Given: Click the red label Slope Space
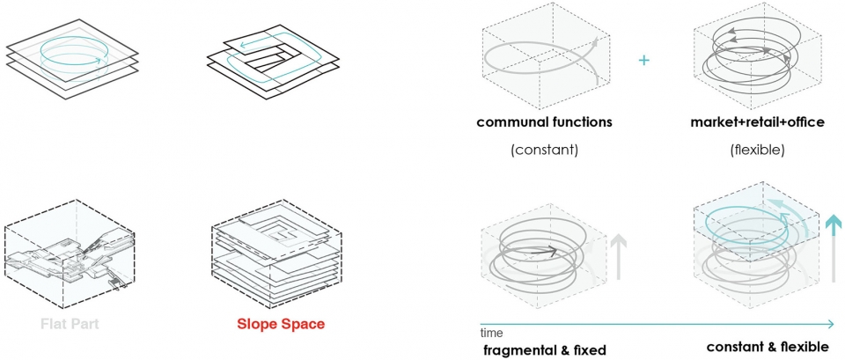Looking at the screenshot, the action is [280, 325].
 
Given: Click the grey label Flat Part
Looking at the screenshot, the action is [70, 325].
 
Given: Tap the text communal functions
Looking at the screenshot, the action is [544, 121].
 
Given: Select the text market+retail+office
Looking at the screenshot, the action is [757, 121].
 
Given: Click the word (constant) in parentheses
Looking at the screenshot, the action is [544, 151].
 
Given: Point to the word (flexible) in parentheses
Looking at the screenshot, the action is [757, 151].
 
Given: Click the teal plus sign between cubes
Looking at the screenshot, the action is [643, 60].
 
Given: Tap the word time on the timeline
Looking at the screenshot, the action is [492, 333].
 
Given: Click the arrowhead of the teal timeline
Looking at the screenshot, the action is [830, 324].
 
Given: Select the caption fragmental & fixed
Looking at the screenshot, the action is [545, 350].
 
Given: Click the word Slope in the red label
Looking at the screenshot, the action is [257, 325].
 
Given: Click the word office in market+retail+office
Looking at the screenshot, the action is [805, 121].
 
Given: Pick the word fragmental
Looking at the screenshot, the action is [519, 350].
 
